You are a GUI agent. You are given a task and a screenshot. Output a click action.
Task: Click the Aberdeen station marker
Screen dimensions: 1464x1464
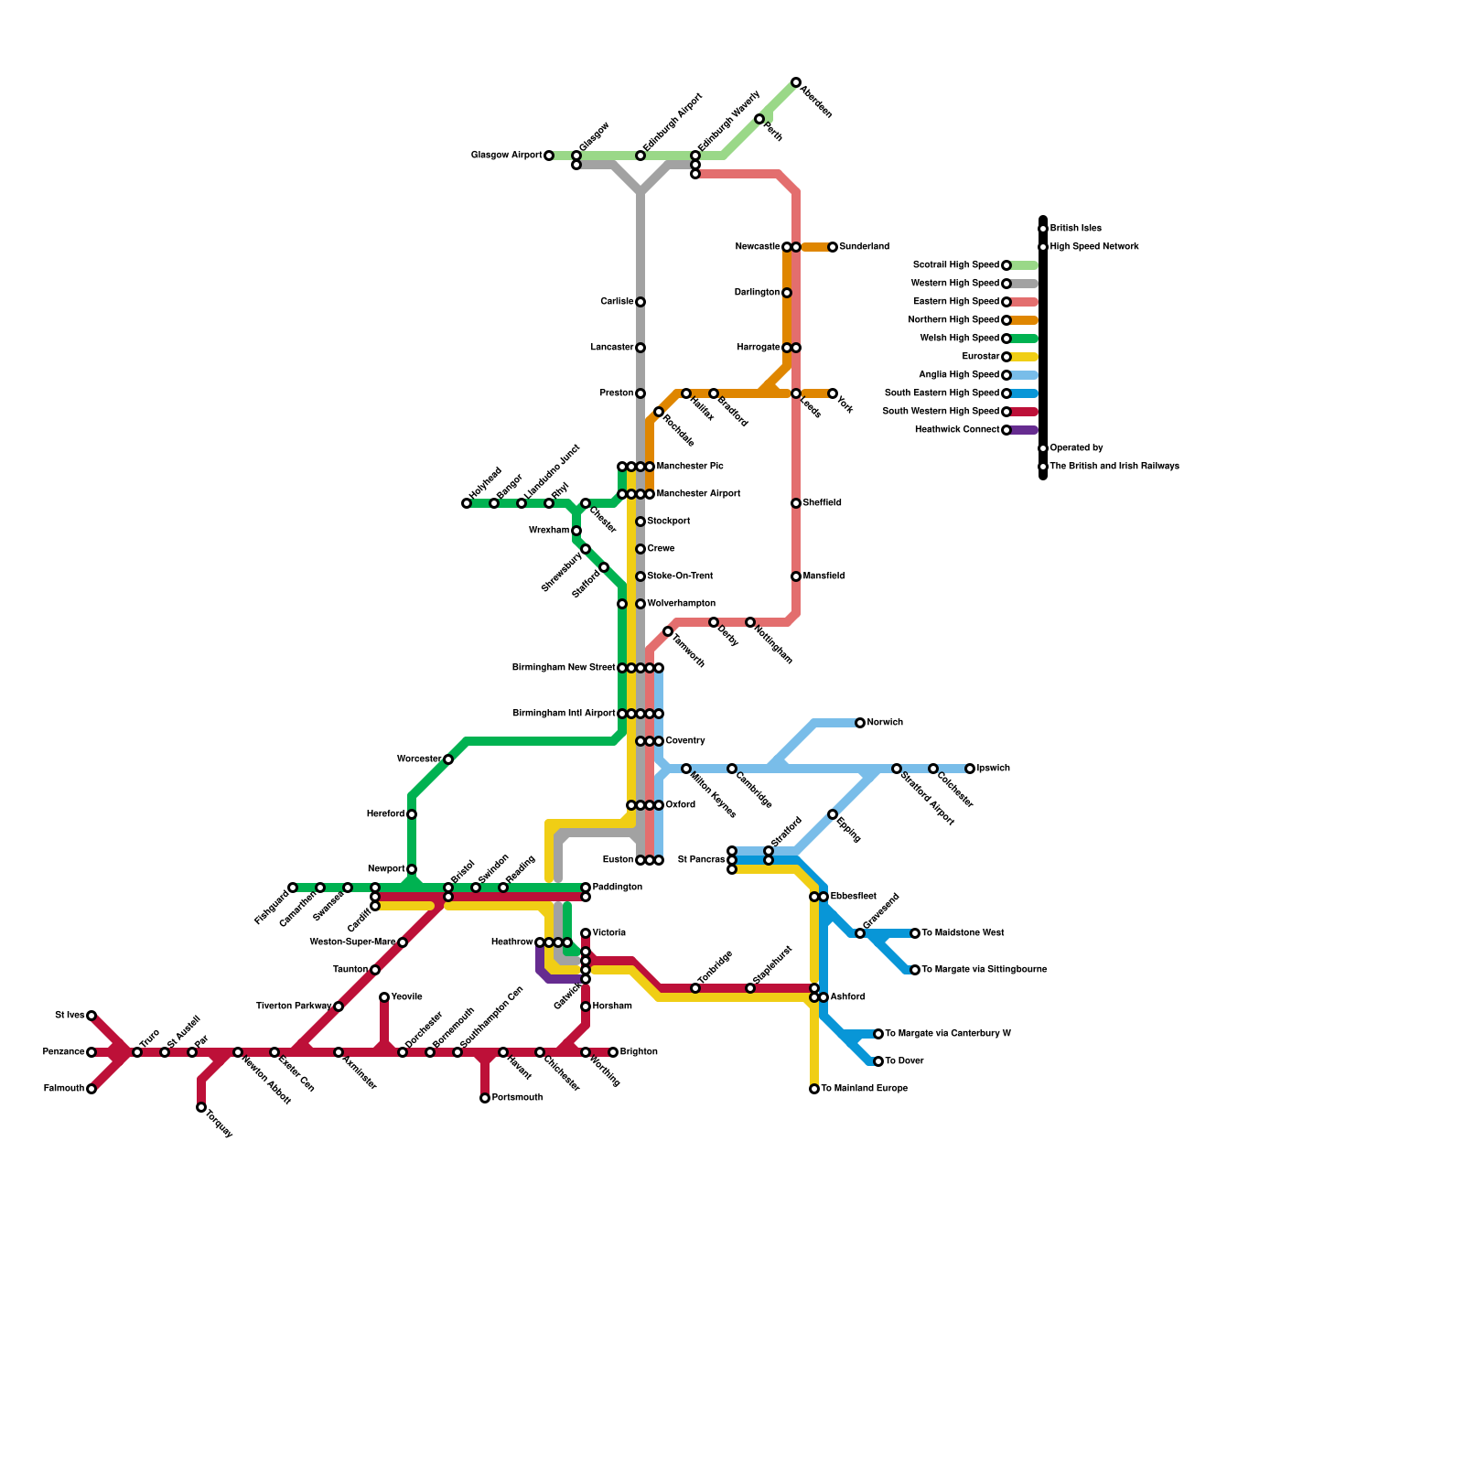coord(796,82)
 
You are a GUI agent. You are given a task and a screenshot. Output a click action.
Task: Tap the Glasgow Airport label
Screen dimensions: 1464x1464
coord(506,156)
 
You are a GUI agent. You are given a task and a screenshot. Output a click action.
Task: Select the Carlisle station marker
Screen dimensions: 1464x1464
coord(640,302)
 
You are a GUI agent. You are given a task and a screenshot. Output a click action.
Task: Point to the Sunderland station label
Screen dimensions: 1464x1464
coord(864,247)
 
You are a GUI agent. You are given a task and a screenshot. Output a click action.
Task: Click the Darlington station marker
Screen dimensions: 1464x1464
coord(787,293)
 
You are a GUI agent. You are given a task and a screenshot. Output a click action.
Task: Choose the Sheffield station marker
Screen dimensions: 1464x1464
coord(796,503)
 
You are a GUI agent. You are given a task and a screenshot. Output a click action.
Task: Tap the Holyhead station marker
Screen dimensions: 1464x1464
coord(467,503)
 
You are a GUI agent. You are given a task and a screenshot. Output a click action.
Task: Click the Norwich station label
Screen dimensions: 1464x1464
coord(885,723)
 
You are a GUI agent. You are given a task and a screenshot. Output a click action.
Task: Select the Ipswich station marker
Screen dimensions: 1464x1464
coord(970,769)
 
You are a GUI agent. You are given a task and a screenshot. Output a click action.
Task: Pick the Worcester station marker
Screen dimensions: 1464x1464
coord(448,759)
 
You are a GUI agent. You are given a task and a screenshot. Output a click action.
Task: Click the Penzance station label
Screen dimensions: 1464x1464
coord(63,1052)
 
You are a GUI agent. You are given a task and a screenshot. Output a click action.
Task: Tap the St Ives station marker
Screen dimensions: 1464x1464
coord(91,1016)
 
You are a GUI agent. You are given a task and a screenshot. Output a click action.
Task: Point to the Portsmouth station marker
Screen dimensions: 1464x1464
coord(485,1098)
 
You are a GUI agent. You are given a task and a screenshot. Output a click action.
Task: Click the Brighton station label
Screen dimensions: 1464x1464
coord(639,1052)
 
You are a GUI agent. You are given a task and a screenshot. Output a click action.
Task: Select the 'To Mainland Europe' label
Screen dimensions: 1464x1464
coord(864,1089)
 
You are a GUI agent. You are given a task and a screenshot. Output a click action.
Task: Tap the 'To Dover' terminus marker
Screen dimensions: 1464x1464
coord(878,1061)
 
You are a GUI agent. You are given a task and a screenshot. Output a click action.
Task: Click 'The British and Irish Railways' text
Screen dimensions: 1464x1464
coord(1114,467)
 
